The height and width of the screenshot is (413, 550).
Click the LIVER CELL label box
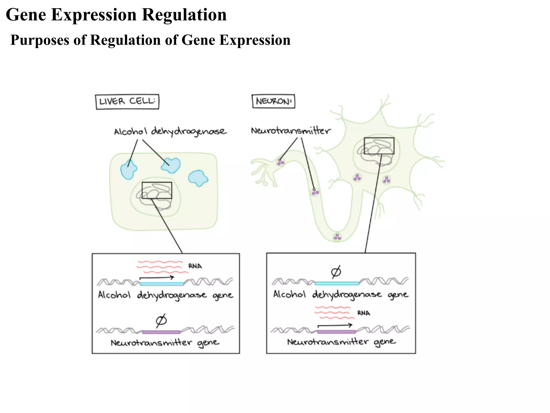pos(127,102)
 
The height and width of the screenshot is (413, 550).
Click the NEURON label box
pos(273,101)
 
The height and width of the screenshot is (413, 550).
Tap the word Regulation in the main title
pos(184,15)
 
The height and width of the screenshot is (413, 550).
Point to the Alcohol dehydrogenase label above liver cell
pos(170,131)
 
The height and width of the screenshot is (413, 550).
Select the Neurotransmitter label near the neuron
pos(291,131)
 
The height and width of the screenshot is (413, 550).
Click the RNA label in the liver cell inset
pos(195,266)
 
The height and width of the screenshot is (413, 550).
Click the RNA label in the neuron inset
pos(364,313)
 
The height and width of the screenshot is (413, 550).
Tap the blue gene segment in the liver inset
pos(162,284)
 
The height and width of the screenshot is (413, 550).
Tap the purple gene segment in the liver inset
pos(161,332)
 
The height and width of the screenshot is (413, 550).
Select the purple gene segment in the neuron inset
pos(336,332)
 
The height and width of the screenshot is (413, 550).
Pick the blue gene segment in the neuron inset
pos(337,283)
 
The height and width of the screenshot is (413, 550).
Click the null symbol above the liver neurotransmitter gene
pos(161,320)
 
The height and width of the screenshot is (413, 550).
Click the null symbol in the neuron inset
pos(336,272)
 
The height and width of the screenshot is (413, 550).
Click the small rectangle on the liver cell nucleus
pos(157,190)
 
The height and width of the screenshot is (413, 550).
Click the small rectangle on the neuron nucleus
pos(379,146)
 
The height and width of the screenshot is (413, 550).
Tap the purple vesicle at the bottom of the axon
pos(337,237)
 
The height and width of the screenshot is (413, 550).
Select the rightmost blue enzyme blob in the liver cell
pos(198,178)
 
